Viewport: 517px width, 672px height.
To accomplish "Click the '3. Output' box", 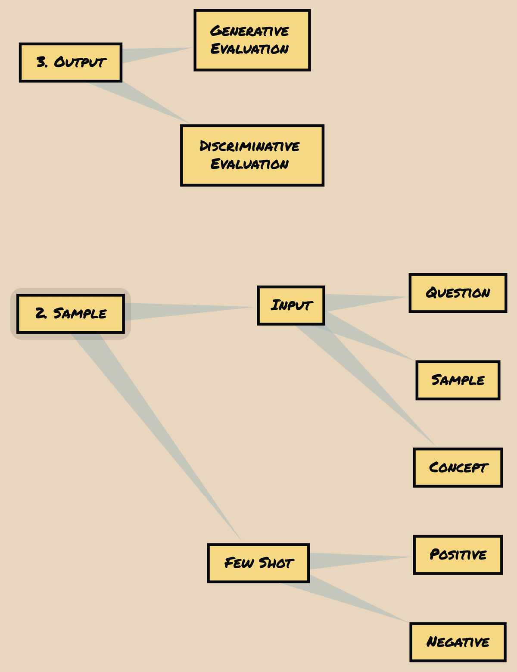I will coord(71,62).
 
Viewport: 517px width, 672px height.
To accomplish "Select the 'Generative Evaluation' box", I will coord(252,40).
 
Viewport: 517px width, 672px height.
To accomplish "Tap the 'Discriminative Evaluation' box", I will coord(252,156).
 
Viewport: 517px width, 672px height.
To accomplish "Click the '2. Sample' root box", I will coord(71,314).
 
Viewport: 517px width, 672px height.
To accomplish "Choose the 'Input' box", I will coord(291,305).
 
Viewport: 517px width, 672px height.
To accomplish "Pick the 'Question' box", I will coord(458,293).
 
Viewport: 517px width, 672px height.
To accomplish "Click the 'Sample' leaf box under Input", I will coord(458,380).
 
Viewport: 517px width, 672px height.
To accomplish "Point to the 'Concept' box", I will coord(458,467).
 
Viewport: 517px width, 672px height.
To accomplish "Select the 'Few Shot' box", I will coord(258,563).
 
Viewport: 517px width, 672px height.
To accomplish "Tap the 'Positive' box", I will coord(458,555).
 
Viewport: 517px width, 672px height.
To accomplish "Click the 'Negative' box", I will coord(458,642).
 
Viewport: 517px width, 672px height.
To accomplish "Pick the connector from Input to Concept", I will coord(366,383).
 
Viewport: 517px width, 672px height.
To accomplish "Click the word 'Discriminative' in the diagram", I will coord(249,146).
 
